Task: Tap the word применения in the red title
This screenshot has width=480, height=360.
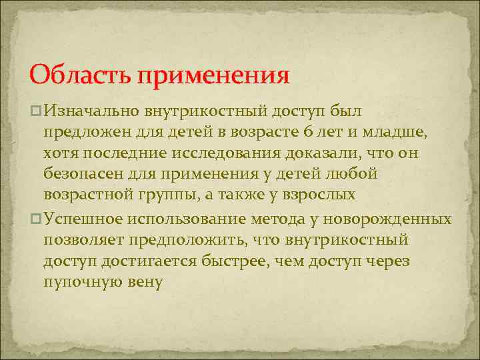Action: tap(214, 74)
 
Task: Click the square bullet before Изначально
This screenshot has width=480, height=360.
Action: tap(37, 110)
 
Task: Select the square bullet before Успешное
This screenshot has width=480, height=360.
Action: tap(37, 219)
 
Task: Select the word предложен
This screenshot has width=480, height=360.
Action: tap(90, 132)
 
